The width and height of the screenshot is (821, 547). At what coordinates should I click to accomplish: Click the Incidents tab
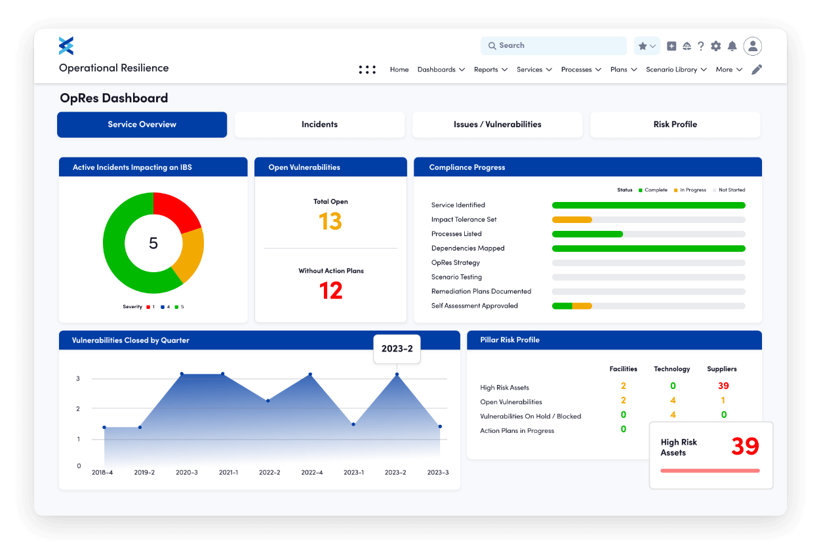pyautogui.click(x=319, y=125)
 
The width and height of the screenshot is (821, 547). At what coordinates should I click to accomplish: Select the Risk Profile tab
pyautogui.click(x=675, y=125)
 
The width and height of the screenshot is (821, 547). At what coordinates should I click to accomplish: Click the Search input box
pyautogui.click(x=554, y=46)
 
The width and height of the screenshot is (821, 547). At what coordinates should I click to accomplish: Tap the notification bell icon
pyautogui.click(x=732, y=46)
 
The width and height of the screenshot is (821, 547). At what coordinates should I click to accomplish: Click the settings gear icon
pyautogui.click(x=716, y=46)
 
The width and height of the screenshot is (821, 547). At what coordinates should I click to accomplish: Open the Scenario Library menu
pyautogui.click(x=675, y=70)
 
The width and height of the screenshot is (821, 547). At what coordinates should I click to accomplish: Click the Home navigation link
pyautogui.click(x=399, y=70)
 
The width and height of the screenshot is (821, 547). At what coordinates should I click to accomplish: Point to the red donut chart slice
pyautogui.click(x=176, y=211)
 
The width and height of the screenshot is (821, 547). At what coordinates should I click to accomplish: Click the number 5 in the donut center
pyautogui.click(x=153, y=243)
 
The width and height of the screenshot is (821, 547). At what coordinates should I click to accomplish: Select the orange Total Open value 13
pyautogui.click(x=330, y=222)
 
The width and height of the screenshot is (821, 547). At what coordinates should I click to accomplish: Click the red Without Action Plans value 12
pyautogui.click(x=330, y=291)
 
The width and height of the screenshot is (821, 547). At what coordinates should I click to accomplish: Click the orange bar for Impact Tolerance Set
pyautogui.click(x=572, y=220)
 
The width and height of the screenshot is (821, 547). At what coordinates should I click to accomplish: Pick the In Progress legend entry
pyautogui.click(x=692, y=190)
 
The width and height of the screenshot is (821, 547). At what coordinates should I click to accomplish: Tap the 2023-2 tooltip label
pyautogui.click(x=397, y=349)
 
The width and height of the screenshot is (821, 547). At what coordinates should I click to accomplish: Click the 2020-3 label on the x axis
pyautogui.click(x=187, y=472)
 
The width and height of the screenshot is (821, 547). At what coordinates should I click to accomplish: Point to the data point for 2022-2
pyautogui.click(x=268, y=401)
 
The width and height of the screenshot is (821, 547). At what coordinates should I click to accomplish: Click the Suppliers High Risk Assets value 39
pyautogui.click(x=723, y=386)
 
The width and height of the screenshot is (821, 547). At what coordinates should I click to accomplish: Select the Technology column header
pyautogui.click(x=672, y=369)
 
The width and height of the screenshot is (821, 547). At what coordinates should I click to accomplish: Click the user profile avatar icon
pyautogui.click(x=753, y=46)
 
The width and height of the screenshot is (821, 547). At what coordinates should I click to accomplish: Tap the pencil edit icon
pyautogui.click(x=757, y=70)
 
